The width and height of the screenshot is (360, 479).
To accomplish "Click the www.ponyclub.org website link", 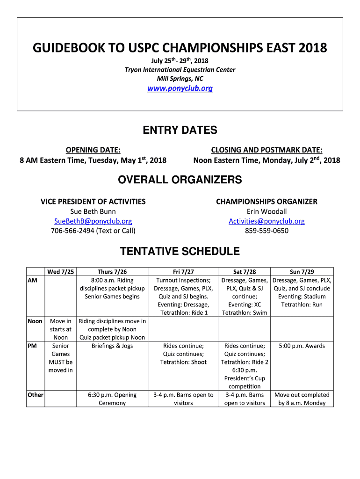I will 180,88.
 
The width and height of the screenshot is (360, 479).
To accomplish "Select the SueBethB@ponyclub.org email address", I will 93,221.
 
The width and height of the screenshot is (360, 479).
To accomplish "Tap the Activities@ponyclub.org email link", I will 266,221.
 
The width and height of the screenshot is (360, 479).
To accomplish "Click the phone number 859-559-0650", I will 266,231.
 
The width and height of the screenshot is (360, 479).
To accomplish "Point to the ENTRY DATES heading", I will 180,130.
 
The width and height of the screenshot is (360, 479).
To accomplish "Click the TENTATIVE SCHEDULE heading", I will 180,252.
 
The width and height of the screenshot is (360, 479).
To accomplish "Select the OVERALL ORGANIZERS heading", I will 180,180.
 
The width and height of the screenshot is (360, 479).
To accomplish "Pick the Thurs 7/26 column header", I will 112,272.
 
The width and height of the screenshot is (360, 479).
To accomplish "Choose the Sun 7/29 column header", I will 302,272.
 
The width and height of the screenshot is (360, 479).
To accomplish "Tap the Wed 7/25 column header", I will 60,272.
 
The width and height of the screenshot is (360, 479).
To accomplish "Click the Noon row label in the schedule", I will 35,321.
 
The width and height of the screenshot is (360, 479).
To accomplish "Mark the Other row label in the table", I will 36,395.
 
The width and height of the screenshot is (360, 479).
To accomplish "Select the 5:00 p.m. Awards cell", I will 302,346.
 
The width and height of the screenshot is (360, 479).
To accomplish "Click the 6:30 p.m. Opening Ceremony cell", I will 112,399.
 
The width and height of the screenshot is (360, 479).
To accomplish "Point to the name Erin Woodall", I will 266,211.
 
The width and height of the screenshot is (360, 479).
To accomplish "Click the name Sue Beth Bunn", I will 93,211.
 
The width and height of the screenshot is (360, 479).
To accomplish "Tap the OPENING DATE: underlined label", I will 93,150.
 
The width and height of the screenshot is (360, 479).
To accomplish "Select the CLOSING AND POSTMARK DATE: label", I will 266,150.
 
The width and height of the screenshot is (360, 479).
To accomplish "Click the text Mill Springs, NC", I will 180,79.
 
